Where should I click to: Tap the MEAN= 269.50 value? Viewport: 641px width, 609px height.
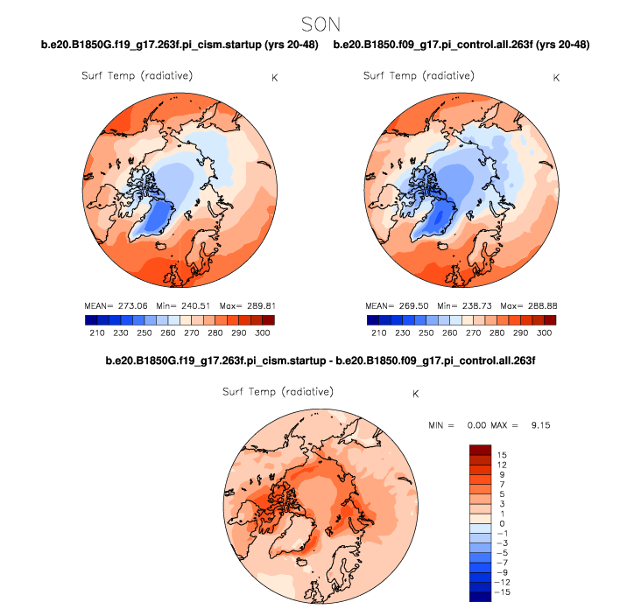coord(395,306)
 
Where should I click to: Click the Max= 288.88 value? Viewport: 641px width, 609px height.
coord(530,306)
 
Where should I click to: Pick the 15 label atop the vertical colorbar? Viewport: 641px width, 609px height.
coord(502,456)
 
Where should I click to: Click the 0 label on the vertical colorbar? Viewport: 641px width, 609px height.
coord(500,524)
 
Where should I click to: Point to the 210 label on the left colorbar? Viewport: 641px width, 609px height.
coord(95,333)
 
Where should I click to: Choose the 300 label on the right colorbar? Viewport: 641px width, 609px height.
coord(545,333)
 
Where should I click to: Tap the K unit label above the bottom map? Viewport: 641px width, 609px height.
coord(415,394)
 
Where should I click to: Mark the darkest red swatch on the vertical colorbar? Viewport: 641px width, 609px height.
coord(481,450)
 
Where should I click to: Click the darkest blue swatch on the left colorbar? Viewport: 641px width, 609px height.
coord(90,320)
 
